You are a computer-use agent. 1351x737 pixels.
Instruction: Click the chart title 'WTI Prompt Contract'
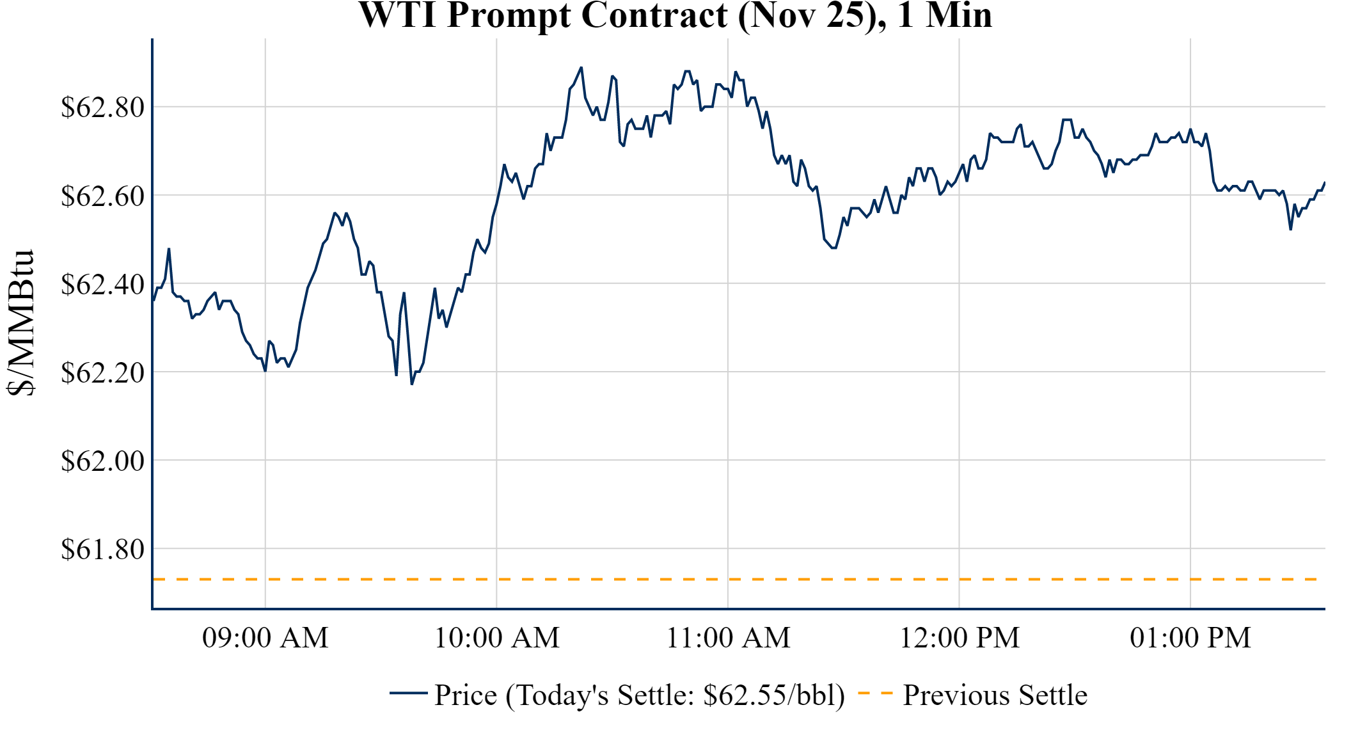pyautogui.click(x=542, y=15)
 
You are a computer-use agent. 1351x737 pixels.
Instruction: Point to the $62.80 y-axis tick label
pyautogui.click(x=102, y=107)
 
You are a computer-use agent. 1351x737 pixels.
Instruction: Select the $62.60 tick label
pyautogui.click(x=102, y=196)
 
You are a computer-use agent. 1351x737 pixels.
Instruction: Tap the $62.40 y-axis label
pyautogui.click(x=102, y=284)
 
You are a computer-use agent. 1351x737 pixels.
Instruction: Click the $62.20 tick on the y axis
pyautogui.click(x=102, y=372)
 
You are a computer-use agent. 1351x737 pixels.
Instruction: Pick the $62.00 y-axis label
pyautogui.click(x=102, y=461)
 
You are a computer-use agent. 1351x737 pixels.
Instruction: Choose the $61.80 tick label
pyautogui.click(x=102, y=549)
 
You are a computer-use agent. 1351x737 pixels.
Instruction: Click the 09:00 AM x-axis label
pyautogui.click(x=265, y=638)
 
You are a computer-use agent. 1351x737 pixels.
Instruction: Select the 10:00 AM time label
pyautogui.click(x=496, y=638)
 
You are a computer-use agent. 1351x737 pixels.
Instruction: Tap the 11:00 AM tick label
pyautogui.click(x=728, y=638)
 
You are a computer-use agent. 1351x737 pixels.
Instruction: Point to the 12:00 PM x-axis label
pyautogui.click(x=960, y=638)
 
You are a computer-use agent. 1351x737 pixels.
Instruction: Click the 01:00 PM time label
pyautogui.click(x=1190, y=638)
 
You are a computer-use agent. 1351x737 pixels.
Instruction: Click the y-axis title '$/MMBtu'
pyautogui.click(x=20, y=322)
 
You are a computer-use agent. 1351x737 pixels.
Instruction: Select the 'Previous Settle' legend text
pyautogui.click(x=995, y=695)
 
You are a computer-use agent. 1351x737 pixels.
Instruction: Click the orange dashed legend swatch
pyautogui.click(x=875, y=693)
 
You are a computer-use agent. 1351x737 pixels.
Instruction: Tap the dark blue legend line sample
pyautogui.click(x=408, y=693)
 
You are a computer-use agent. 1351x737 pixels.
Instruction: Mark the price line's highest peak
pyautogui.click(x=581, y=67)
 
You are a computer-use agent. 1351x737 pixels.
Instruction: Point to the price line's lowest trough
pyautogui.click(x=412, y=384)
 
